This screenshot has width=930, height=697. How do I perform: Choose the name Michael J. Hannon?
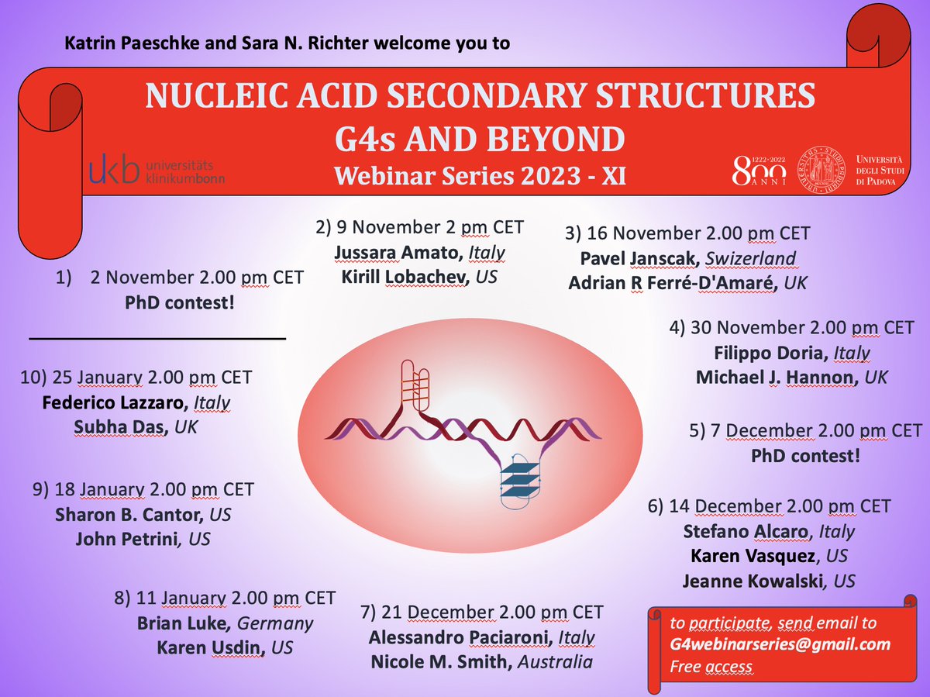(773, 378)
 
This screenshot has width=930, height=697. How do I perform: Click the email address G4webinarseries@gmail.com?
(770, 644)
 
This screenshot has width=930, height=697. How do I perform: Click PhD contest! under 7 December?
(805, 455)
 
